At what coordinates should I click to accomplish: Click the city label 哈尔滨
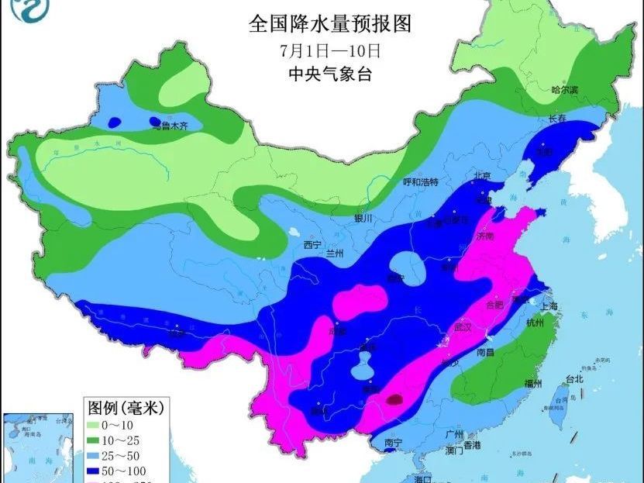coord(564,90)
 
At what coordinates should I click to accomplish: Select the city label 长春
coord(557,119)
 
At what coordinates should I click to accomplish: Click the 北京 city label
coord(483,176)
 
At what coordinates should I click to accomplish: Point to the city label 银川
coord(363,219)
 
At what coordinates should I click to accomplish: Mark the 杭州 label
coord(534,322)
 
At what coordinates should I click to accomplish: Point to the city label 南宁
coord(394,443)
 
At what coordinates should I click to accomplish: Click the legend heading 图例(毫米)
coord(125,407)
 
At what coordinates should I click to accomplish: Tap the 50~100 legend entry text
coord(129,470)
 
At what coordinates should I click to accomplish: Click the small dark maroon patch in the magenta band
coord(394,400)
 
